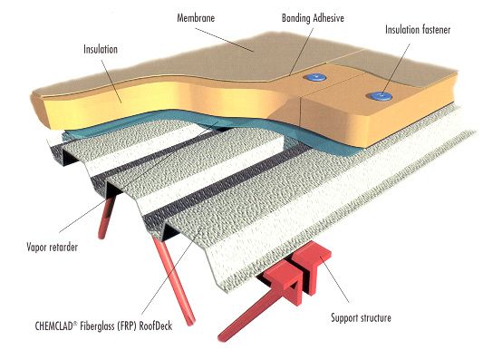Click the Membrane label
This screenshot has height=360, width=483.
(196, 17)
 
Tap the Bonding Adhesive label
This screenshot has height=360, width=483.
(313, 18)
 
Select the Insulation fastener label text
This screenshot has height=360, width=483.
(418, 30)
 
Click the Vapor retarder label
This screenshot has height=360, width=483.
(52, 247)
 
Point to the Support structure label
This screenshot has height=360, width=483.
(361, 317)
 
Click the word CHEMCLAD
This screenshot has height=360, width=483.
(53, 326)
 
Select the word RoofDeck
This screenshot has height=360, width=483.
(156, 326)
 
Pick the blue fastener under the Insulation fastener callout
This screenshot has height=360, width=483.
(381, 96)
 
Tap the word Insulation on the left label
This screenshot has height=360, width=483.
(101, 49)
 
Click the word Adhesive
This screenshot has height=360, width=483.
(328, 18)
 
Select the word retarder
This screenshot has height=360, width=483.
(63, 247)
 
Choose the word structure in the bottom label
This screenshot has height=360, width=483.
(375, 317)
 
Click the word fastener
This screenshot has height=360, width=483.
(435, 30)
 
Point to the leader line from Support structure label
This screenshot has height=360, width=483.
(334, 279)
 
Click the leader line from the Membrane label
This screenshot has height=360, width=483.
(224, 40)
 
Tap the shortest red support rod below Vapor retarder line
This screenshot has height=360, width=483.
(106, 219)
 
